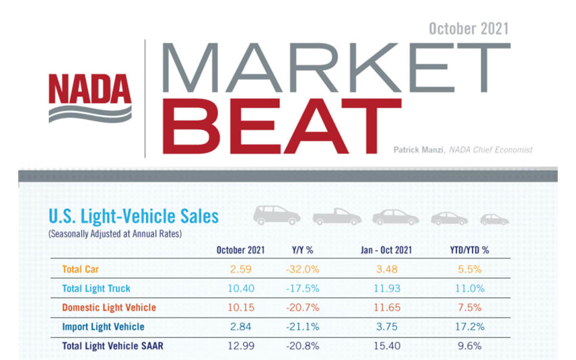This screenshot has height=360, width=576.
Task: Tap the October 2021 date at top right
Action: [x=468, y=29]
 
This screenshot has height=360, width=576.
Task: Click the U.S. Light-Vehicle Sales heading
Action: [x=133, y=217]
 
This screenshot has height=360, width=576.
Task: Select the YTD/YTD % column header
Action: [x=468, y=250]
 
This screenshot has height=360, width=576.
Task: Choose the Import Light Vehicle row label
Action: [x=103, y=327]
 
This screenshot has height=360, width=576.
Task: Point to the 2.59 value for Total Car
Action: [x=240, y=270]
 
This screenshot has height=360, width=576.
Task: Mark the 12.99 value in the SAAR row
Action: [x=240, y=346]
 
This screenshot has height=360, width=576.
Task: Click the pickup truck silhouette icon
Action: [x=337, y=217]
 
